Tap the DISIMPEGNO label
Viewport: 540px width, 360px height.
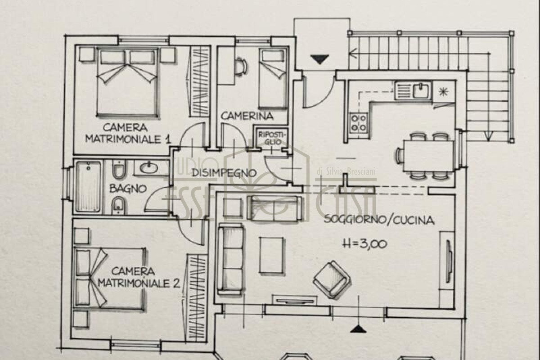(x=224, y=173)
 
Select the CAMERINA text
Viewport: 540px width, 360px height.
(x=247, y=116)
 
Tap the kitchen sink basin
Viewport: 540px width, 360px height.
(x=422, y=90)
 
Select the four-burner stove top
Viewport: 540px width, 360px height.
(x=359, y=123)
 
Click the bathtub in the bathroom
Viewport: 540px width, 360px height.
(x=88, y=187)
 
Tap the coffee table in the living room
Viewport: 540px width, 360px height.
(x=271, y=255)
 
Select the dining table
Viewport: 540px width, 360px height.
(x=429, y=156)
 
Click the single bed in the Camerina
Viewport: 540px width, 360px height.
(x=273, y=78)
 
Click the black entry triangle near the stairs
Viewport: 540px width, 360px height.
(x=319, y=59)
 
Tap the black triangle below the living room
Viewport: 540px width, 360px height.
(x=358, y=329)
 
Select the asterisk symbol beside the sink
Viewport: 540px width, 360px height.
(x=444, y=92)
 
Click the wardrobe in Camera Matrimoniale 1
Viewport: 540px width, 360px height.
(x=200, y=81)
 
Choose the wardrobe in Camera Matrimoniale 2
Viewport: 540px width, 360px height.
(x=197, y=298)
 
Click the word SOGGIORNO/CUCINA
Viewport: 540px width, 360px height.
(x=379, y=220)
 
